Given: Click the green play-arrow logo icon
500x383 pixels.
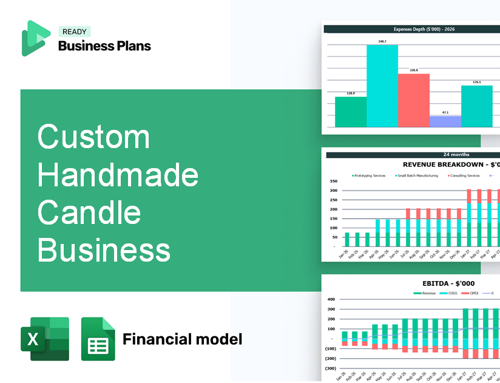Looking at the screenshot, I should click(35, 38).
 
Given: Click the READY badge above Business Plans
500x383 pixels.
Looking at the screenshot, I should click(74, 32).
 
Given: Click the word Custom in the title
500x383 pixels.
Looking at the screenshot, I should click(93, 137).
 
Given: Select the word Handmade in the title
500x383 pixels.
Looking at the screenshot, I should click(118, 175).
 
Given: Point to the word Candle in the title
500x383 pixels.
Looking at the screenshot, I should click(89, 212).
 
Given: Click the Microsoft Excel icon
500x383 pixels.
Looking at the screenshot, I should click(45, 339).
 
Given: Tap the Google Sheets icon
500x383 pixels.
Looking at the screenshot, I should click(98, 339).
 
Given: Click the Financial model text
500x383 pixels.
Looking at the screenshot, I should click(182, 339).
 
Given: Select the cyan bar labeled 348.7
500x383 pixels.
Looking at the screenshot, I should click(382, 85).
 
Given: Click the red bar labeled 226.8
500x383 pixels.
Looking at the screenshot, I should click(413, 100).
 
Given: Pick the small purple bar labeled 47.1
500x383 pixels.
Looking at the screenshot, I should click(445, 121).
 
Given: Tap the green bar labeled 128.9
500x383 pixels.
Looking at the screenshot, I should click(351, 112).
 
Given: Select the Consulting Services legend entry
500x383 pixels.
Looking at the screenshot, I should click(464, 175).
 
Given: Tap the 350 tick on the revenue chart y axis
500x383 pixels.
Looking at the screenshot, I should click(333, 181).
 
